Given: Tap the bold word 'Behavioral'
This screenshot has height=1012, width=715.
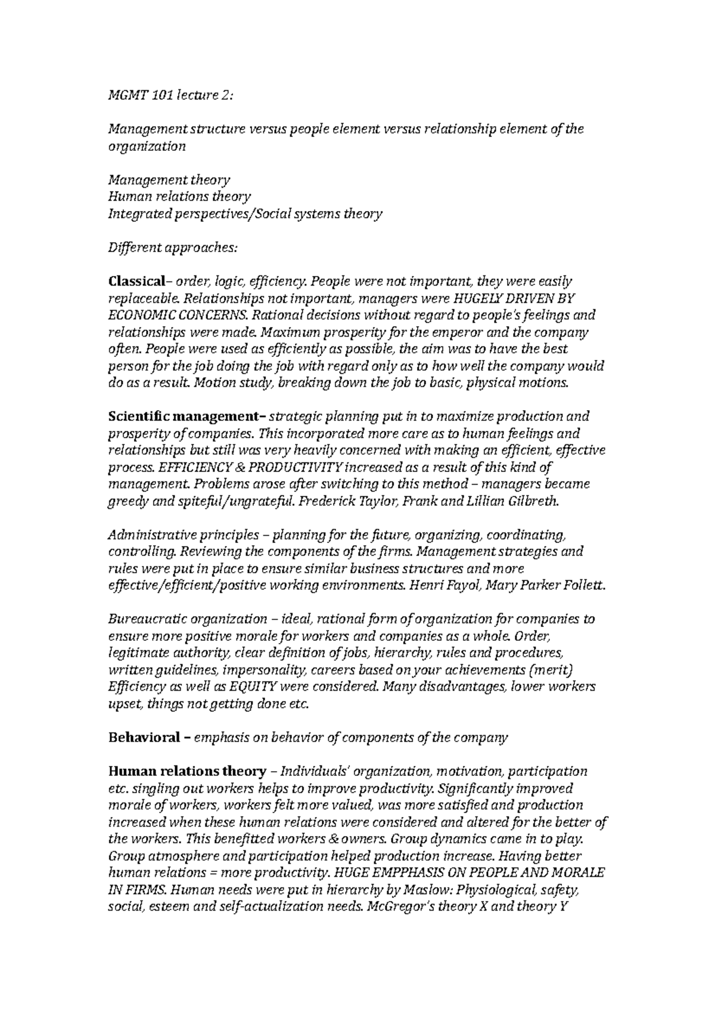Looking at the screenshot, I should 143,737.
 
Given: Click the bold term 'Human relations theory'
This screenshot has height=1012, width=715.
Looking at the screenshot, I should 186,771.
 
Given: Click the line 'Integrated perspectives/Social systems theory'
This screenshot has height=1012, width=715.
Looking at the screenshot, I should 245,213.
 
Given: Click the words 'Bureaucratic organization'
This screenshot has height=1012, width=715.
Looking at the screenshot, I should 187,619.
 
